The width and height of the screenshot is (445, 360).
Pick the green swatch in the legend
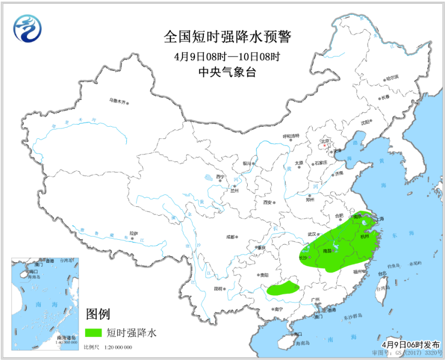(94, 332)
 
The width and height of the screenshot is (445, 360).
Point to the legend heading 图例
(98, 314)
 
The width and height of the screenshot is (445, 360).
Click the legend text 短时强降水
(131, 332)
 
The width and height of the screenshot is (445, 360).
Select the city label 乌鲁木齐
(117, 101)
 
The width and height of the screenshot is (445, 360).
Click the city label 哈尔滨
(392, 78)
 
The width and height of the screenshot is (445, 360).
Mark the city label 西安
(268, 202)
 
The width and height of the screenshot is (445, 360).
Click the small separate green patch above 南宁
(284, 288)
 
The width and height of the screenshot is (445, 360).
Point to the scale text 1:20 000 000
(115, 348)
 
